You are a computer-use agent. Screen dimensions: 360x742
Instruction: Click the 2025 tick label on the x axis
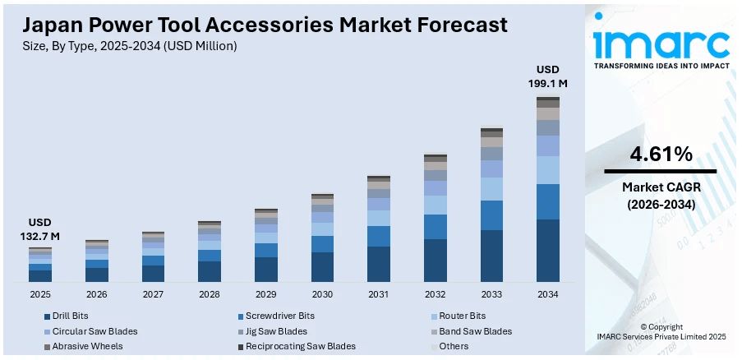40,294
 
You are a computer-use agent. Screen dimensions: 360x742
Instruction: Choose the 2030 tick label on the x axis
322,294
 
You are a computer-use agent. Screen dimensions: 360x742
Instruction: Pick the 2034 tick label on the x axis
548,294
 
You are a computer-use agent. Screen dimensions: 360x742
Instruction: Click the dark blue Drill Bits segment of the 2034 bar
548,251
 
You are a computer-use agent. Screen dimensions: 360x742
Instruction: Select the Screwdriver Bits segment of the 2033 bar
491,215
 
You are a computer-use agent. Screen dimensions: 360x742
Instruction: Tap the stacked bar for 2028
210,252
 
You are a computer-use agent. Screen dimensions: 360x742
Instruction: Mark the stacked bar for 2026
97,261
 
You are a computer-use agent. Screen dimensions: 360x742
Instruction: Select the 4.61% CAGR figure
661,154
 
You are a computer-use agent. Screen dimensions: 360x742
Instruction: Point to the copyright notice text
661,331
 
